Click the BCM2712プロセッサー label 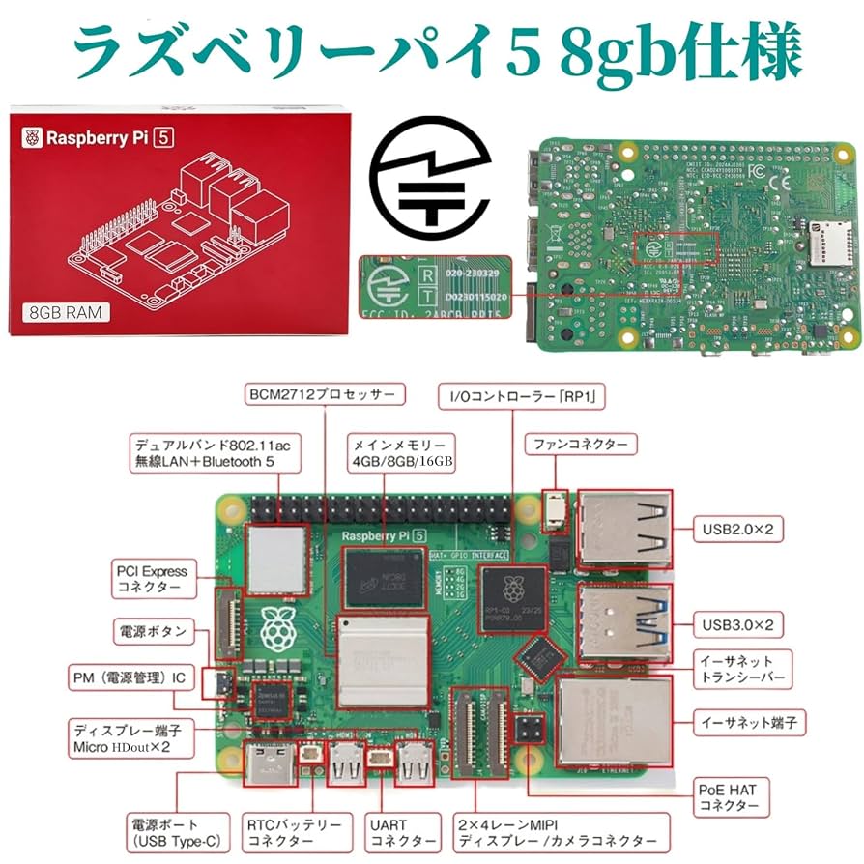click(324, 394)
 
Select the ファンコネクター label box click(580, 445)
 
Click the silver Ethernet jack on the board click(614, 718)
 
